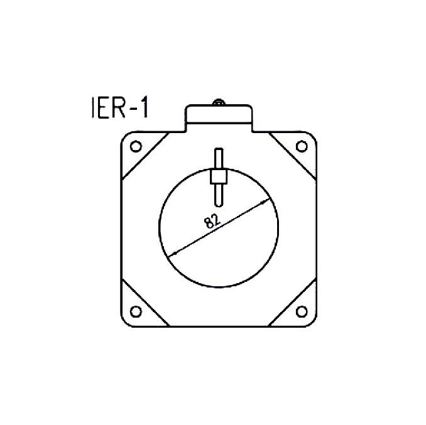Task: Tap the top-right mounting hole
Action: [301, 147]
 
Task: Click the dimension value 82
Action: [212, 220]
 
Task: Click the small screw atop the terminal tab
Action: [218, 102]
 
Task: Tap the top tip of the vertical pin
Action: [218, 151]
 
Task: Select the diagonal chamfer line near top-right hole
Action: [292, 157]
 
